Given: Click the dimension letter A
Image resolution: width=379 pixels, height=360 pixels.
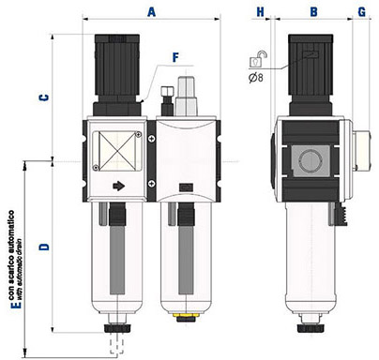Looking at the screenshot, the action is (x=152, y=12).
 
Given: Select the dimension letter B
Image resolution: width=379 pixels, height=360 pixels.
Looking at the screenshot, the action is (x=313, y=12).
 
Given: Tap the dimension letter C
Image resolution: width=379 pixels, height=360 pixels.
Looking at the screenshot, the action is (x=44, y=97).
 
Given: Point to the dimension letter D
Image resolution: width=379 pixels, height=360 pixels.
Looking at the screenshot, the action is (x=44, y=247).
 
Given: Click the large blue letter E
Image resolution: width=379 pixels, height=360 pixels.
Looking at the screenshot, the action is (x=16, y=305).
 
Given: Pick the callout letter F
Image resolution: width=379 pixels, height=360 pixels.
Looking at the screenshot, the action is (x=176, y=57).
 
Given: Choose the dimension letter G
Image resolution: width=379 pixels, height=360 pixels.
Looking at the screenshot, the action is (x=362, y=12).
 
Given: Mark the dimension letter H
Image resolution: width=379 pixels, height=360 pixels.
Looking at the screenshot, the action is (x=260, y=12).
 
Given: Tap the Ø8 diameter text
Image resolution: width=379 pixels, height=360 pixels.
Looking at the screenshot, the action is (x=256, y=77).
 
